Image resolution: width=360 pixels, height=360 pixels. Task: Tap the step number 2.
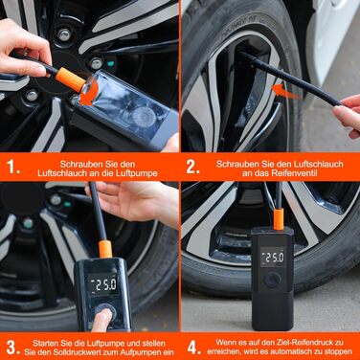pyautogui.click(x=192, y=166)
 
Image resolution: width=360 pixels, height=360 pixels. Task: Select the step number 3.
pyautogui.click(x=12, y=345)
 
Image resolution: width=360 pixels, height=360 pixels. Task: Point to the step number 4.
pyautogui.click(x=192, y=345)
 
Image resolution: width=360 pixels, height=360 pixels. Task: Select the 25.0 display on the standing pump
pyautogui.click(x=276, y=258)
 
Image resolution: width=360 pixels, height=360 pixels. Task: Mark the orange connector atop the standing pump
pyautogui.click(x=277, y=219)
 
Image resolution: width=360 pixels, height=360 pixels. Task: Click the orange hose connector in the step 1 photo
pyautogui.click(x=68, y=78)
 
